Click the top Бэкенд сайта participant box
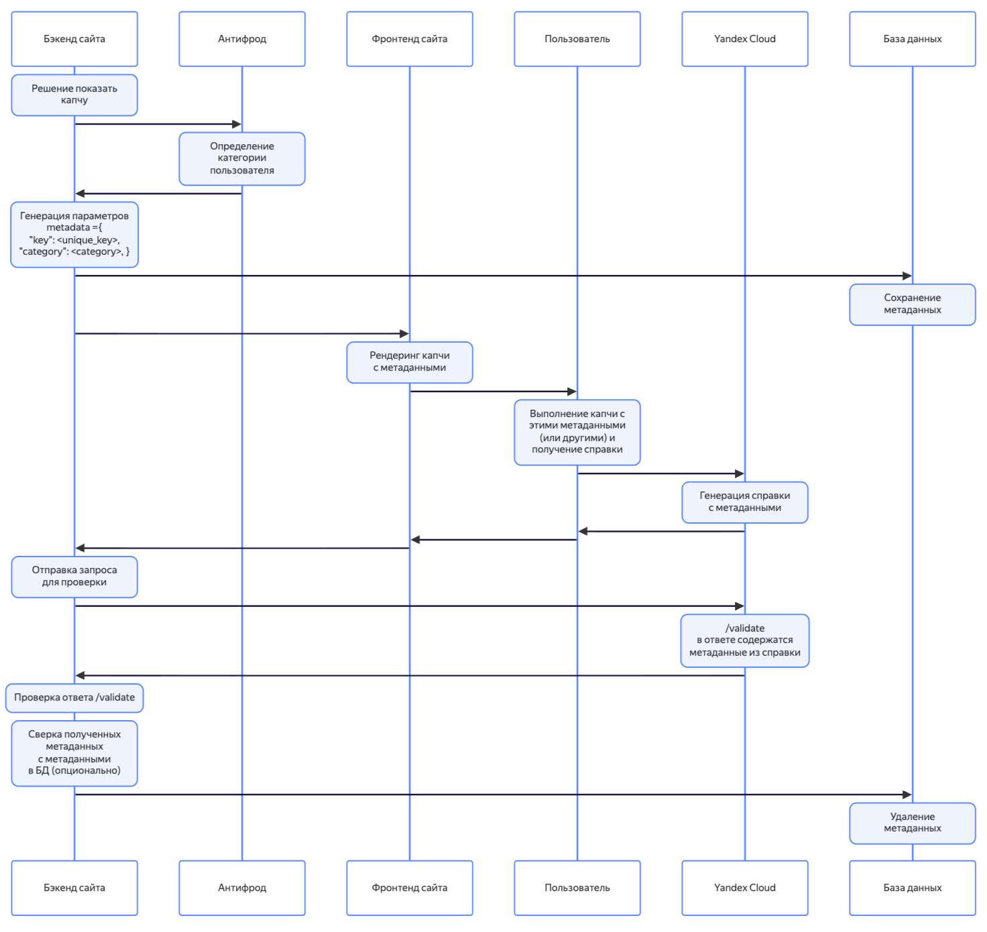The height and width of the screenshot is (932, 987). pyautogui.click(x=74, y=39)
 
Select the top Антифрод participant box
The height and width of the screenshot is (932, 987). pyautogui.click(x=242, y=39)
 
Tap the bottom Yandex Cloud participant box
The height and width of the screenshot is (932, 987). pyautogui.click(x=745, y=888)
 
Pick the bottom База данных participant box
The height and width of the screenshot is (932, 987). pyautogui.click(x=913, y=888)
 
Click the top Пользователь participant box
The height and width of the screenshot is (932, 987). pyautogui.click(x=577, y=39)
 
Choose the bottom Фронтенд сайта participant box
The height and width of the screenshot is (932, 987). pyautogui.click(x=410, y=888)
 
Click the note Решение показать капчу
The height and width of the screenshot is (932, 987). pyautogui.click(x=74, y=95)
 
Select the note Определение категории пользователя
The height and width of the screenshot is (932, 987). pyautogui.click(x=242, y=158)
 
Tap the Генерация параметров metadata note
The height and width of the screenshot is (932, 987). pyautogui.click(x=74, y=234)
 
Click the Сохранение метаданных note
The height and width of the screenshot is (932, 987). pyautogui.click(x=913, y=304)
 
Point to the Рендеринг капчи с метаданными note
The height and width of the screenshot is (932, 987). pyautogui.click(x=410, y=362)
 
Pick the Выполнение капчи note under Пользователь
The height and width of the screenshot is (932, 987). pyautogui.click(x=577, y=432)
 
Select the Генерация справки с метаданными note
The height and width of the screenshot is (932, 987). pyautogui.click(x=745, y=502)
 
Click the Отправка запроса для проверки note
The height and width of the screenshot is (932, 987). pyautogui.click(x=74, y=577)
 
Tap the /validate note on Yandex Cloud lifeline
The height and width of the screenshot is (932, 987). pyautogui.click(x=745, y=640)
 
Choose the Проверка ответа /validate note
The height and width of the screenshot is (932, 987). pyautogui.click(x=74, y=698)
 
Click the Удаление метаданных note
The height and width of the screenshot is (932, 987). pyautogui.click(x=913, y=823)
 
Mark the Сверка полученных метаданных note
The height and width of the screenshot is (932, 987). pyautogui.click(x=74, y=753)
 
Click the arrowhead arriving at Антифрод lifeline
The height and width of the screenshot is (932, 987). pyautogui.click(x=237, y=124)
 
